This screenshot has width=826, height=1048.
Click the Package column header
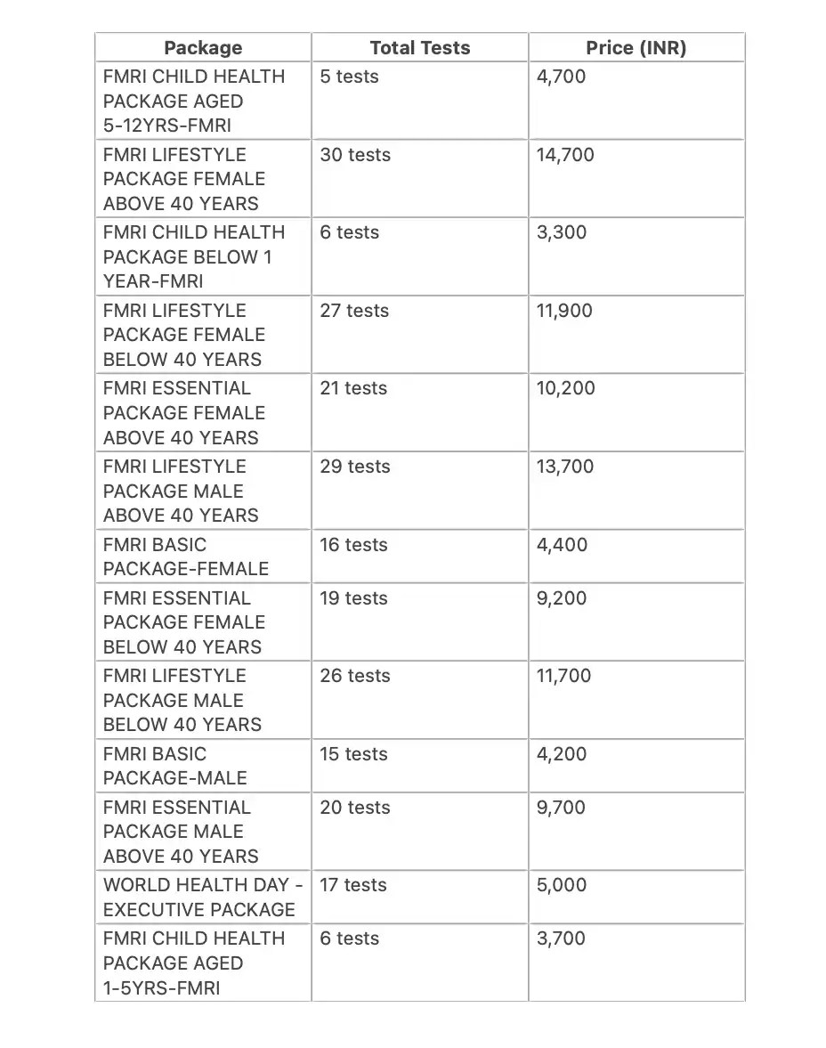[203, 48]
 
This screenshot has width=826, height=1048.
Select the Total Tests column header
[420, 48]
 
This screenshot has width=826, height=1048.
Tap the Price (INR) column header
[636, 48]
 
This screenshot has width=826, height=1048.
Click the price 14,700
[565, 155]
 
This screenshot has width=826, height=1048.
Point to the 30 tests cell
[355, 155]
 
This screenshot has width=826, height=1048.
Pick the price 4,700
[561, 77]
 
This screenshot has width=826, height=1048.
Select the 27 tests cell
[354, 311]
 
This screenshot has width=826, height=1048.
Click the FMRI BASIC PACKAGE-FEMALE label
[186, 556]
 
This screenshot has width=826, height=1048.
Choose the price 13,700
[565, 467]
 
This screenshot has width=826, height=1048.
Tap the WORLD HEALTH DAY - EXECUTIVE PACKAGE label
[202, 898]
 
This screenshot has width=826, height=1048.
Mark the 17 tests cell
[353, 885]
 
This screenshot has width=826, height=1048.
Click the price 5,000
[562, 885]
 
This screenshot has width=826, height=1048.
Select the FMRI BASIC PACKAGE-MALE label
[175, 766]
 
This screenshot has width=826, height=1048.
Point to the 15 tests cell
[353, 754]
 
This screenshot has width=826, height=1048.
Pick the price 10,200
[566, 388]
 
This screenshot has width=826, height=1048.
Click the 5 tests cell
[349, 77]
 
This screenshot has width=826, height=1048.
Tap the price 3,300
[561, 232]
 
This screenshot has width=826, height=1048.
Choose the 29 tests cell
[355, 467]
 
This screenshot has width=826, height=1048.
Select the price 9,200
[562, 598]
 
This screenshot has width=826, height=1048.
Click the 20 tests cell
[355, 808]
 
